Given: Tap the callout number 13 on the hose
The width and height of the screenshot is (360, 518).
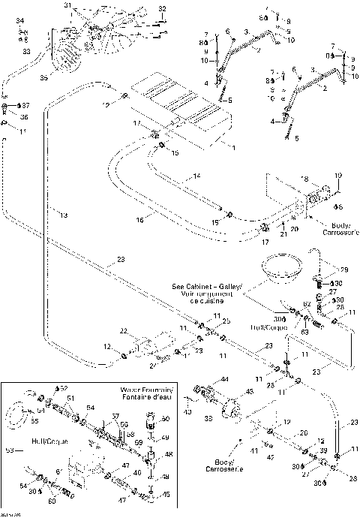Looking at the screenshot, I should click(63, 215).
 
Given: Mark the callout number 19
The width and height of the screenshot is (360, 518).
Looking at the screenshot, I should click(337, 176).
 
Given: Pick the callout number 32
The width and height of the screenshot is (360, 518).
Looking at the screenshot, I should click(161, 9).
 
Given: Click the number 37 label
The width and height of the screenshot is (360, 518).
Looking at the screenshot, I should click(25, 105).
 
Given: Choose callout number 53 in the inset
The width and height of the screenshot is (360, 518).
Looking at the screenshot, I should click(9, 451).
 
